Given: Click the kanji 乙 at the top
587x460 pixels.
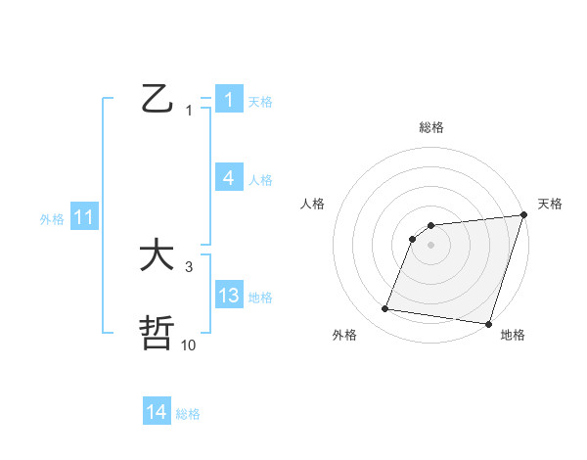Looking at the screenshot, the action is pos(157,99).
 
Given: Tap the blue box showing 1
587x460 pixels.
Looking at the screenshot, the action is pos(228,100).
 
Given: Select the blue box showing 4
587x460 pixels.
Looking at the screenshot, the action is pos(228,178).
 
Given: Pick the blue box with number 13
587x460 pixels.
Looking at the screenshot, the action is pos(228,296).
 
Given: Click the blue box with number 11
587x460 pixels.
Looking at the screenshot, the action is pos(83,218).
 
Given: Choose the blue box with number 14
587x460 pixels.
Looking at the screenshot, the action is pos(157,412).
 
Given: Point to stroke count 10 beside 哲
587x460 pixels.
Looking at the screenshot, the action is pos(189,345).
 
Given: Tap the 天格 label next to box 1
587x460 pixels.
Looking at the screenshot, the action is pos(260,101).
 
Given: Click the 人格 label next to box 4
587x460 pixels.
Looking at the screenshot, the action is pos(260,179).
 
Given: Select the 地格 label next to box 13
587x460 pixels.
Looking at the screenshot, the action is pos(260,297).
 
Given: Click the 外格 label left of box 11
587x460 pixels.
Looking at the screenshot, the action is pos(52,219).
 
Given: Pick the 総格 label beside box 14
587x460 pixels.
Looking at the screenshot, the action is pos(188,413).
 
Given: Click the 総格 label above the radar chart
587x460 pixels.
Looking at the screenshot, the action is pos(431,127).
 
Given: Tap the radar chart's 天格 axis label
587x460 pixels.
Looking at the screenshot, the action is pos(550,204).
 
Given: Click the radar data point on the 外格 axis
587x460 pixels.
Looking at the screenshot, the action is pos(385,309).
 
